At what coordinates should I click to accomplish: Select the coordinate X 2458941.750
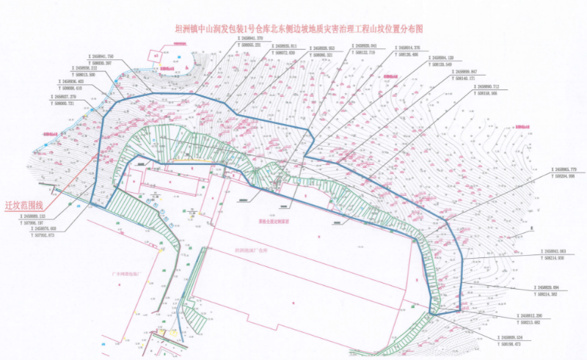pos(101,56)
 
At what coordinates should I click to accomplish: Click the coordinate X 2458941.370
pos(247,40)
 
